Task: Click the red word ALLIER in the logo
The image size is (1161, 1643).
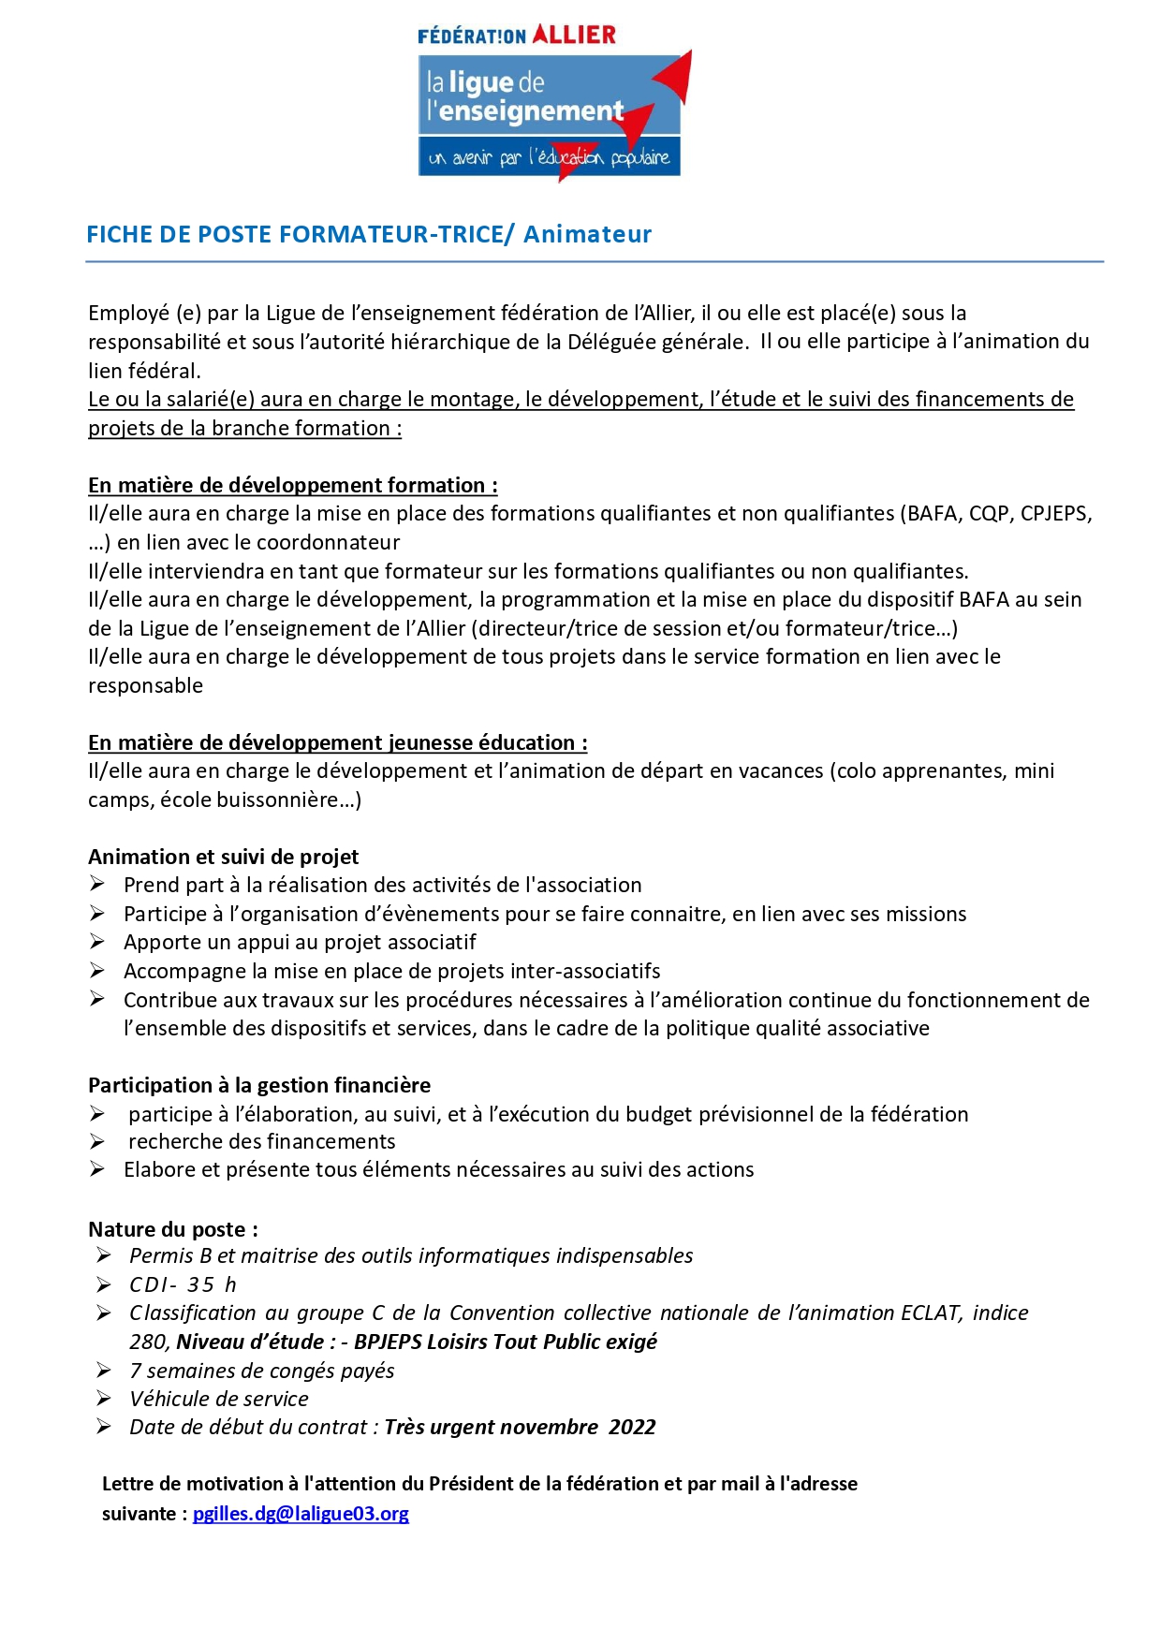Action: (574, 35)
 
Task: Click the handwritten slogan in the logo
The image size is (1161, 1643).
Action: (549, 157)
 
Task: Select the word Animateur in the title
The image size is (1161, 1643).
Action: (587, 234)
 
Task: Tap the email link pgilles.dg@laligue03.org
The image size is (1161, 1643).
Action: (301, 1513)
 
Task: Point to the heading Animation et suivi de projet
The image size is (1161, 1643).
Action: (223, 857)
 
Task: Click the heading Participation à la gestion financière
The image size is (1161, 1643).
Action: (259, 1085)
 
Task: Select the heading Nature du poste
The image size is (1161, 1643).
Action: (172, 1229)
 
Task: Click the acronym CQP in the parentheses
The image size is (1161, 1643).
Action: (989, 513)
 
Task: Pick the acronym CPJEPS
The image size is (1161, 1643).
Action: (1054, 513)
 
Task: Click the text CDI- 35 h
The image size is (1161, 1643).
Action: (183, 1284)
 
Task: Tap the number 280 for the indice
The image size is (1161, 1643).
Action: (149, 1342)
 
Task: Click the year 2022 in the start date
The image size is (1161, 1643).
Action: (632, 1427)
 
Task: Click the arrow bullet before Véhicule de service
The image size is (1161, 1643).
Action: (104, 1399)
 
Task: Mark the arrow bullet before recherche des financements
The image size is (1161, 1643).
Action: (97, 1141)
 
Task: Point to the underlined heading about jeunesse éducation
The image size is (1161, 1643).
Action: (337, 742)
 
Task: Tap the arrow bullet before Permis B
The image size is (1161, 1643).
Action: (104, 1255)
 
